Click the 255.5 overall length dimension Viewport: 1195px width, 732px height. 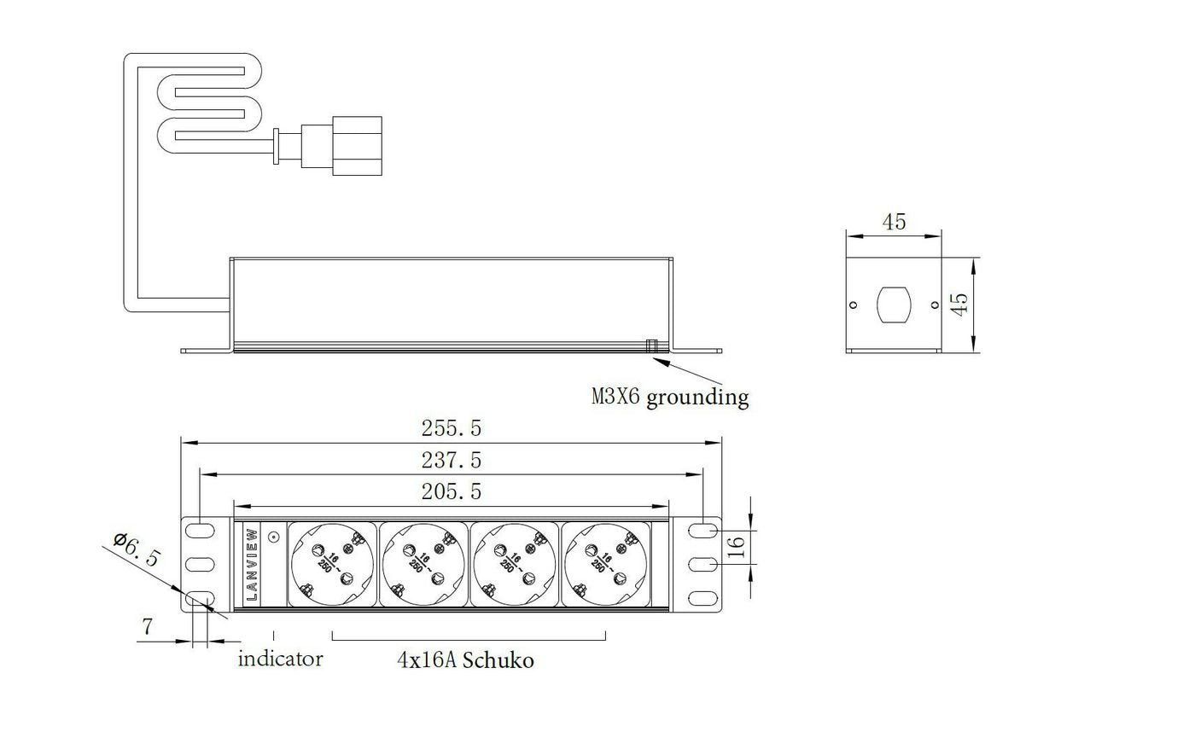tap(451, 427)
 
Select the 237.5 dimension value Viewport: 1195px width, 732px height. tap(451, 460)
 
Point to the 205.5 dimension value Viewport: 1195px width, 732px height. tap(451, 491)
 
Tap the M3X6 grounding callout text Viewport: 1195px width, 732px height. tap(671, 397)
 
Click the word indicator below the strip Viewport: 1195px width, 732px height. tap(280, 659)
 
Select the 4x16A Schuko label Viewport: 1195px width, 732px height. tap(465, 659)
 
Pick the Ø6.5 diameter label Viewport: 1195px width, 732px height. tap(137, 550)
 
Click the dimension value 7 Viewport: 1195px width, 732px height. tap(147, 627)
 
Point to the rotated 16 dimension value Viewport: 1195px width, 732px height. tap(737, 546)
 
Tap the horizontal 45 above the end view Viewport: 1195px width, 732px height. tap(894, 222)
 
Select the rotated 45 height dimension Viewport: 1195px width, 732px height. tap(959, 305)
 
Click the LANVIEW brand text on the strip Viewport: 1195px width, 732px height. tap(252, 564)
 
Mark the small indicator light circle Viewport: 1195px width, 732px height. tap(274, 537)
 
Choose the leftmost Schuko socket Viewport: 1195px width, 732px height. tap(332, 564)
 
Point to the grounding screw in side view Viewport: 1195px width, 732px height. tap(651, 346)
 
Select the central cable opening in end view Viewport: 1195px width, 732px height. tap(894, 305)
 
